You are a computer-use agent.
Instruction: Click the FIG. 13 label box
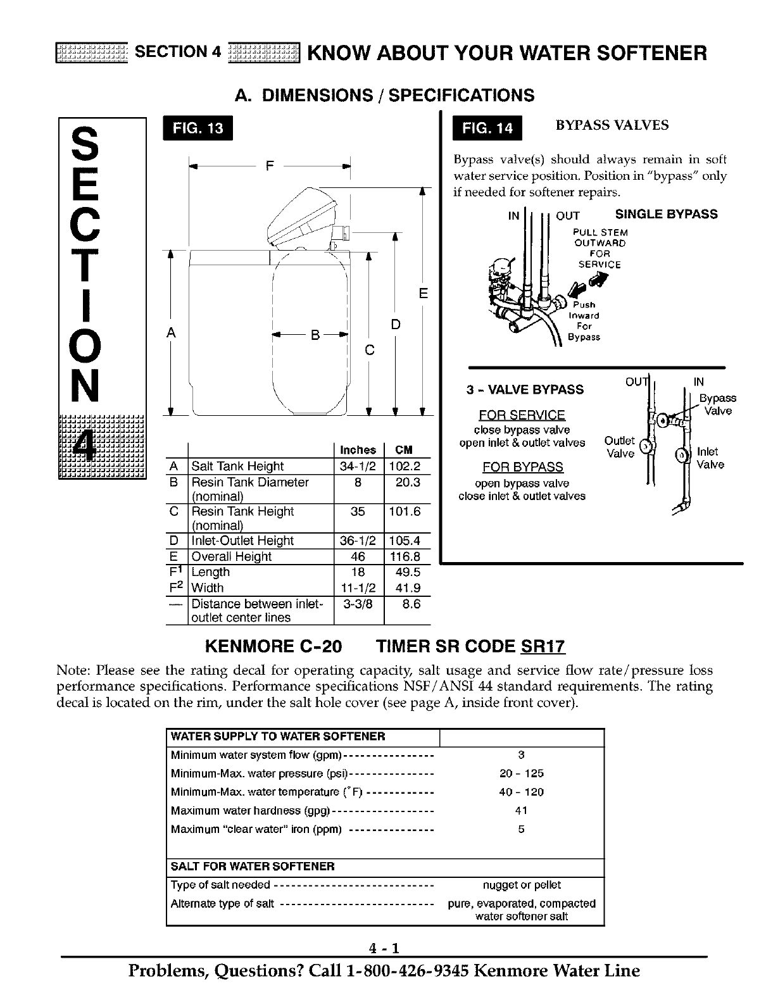coord(198,128)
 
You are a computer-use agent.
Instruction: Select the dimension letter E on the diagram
coord(424,294)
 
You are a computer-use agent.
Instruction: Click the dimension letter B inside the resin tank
coord(313,337)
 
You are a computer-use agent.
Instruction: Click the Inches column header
coord(358,450)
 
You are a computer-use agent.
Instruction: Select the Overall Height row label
coord(231,556)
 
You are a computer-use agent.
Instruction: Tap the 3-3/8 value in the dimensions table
coord(358,604)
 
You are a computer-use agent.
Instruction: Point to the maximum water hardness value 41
coord(521,810)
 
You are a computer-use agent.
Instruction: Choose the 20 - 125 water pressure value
coord(521,773)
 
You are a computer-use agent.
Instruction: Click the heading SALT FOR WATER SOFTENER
coord(253,866)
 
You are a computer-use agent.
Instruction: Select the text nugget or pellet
coord(522,885)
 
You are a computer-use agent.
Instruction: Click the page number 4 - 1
coord(384,948)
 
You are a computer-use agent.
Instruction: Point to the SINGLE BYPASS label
coord(666,214)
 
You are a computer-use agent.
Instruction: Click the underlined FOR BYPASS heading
coord(522,467)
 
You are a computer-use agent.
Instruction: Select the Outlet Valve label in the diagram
coord(619,447)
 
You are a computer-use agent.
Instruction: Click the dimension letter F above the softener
coord(270,166)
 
